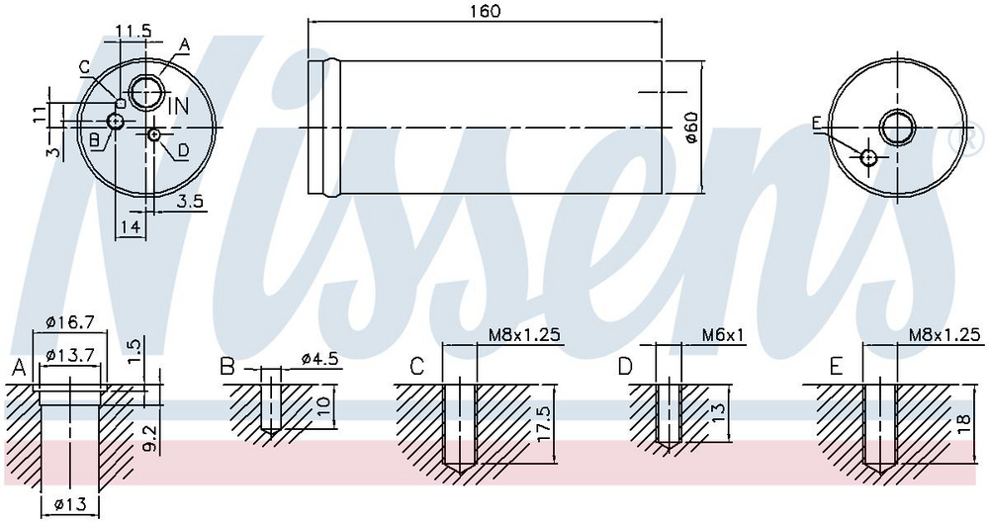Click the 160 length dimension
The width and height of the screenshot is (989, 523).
pyautogui.click(x=485, y=11)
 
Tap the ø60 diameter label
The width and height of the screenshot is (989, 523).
pyautogui.click(x=690, y=129)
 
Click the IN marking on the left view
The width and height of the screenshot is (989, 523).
pyautogui.click(x=178, y=106)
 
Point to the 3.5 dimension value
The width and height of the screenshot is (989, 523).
pyautogui.click(x=189, y=202)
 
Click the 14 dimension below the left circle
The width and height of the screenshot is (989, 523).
pyautogui.click(x=130, y=227)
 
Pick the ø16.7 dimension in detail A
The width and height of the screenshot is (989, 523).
pyautogui.click(x=70, y=321)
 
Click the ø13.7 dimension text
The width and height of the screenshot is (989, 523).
pyautogui.click(x=70, y=355)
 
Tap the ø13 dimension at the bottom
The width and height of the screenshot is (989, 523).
pyautogui.click(x=69, y=504)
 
